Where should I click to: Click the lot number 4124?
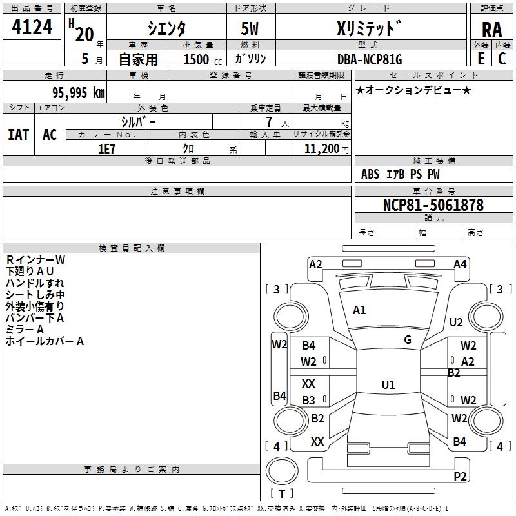(x=32, y=27)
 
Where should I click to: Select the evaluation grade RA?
(x=491, y=30)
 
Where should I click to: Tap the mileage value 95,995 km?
(x=78, y=93)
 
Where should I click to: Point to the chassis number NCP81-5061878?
(x=433, y=204)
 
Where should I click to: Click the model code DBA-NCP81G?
(x=370, y=59)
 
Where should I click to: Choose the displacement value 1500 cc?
(x=203, y=59)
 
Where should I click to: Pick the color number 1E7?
(x=106, y=149)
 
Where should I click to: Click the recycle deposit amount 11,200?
(x=321, y=149)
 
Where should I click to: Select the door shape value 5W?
(x=250, y=28)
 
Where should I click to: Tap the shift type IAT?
(x=19, y=135)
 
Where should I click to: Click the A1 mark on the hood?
(x=359, y=310)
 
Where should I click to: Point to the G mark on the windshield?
(x=408, y=340)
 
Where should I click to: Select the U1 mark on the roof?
(x=388, y=384)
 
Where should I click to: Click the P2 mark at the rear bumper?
(x=460, y=476)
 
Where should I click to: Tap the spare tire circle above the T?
(x=282, y=471)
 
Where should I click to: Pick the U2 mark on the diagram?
(x=456, y=322)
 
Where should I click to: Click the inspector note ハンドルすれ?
(x=35, y=283)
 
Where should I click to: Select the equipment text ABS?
(x=370, y=174)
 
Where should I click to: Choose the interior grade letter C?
(x=502, y=59)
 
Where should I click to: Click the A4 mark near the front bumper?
(x=460, y=264)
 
